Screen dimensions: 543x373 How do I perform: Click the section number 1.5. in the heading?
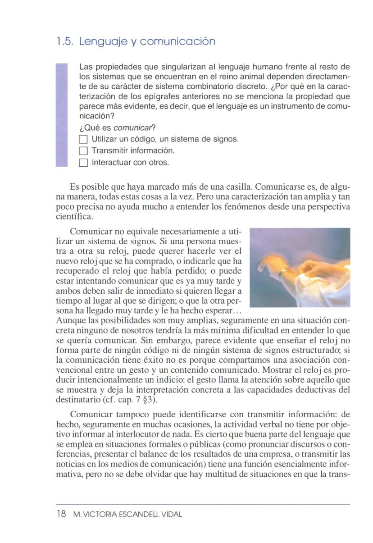pos(65,42)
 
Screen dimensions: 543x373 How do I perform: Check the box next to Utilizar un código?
pos(82,139)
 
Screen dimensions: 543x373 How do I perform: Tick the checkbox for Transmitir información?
pos(82,151)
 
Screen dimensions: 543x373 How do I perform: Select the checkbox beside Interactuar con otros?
pos(82,163)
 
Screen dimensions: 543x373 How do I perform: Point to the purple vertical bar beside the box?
pos(61,115)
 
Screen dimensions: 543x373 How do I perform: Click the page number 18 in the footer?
pos(61,514)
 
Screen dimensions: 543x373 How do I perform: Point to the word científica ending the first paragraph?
pos(72,216)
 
